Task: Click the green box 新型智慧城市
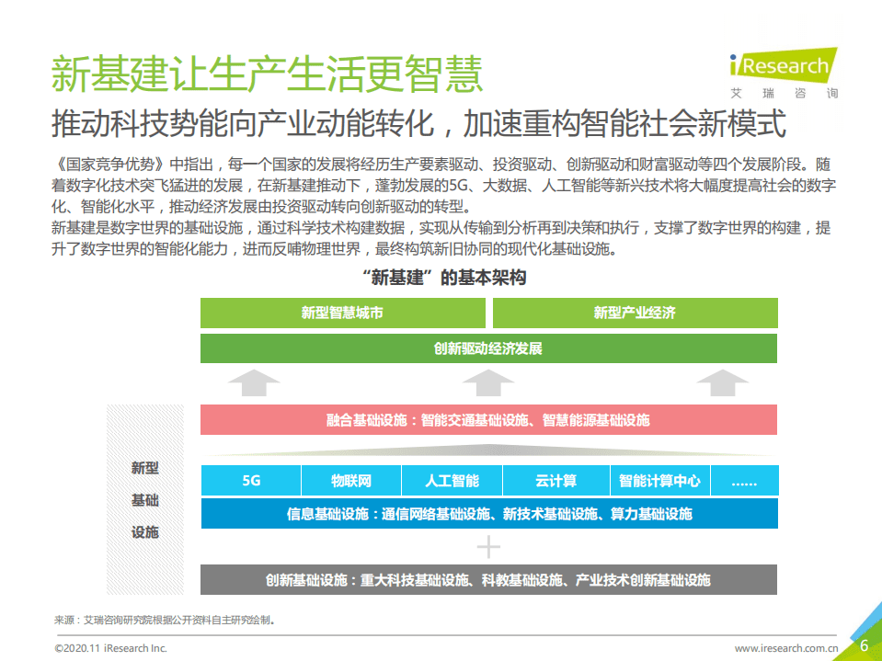[x=343, y=313]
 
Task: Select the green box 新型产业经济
[x=635, y=313]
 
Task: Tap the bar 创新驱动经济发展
[x=488, y=348]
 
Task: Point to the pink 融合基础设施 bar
[x=488, y=420]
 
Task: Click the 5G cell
[x=251, y=481]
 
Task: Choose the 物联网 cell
[x=351, y=481]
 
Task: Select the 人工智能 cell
[x=452, y=481]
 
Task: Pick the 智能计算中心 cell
[x=659, y=481]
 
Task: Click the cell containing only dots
[x=744, y=481]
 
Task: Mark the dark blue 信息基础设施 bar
[x=488, y=514]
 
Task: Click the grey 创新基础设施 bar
[x=488, y=580]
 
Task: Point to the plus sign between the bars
[x=488, y=547]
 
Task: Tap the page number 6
[x=864, y=645]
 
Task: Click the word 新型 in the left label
[x=144, y=468]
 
